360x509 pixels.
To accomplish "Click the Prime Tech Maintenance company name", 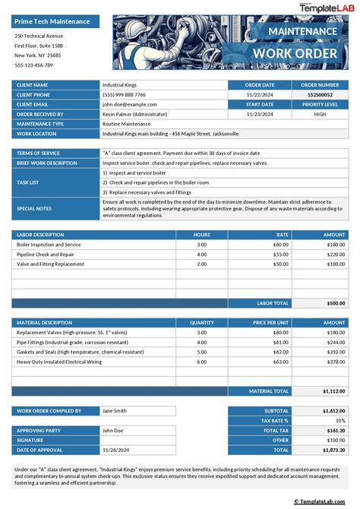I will [x=52, y=21].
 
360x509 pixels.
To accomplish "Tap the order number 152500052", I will [x=320, y=94].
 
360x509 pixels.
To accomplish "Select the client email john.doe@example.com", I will [x=130, y=104].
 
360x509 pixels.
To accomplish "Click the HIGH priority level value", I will [x=320, y=114].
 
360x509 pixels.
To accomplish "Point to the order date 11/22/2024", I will [x=260, y=94].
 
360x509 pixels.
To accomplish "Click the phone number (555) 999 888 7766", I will [x=125, y=94].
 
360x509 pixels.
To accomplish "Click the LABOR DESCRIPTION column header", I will [x=42, y=235].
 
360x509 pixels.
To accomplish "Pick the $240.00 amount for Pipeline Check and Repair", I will [x=334, y=254].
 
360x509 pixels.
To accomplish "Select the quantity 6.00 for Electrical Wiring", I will [x=201, y=362].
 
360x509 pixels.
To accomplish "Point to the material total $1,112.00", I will [x=331, y=390].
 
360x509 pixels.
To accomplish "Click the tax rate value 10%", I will [x=339, y=420].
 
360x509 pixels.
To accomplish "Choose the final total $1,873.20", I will [x=332, y=450].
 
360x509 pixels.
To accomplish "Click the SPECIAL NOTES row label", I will [x=34, y=207].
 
